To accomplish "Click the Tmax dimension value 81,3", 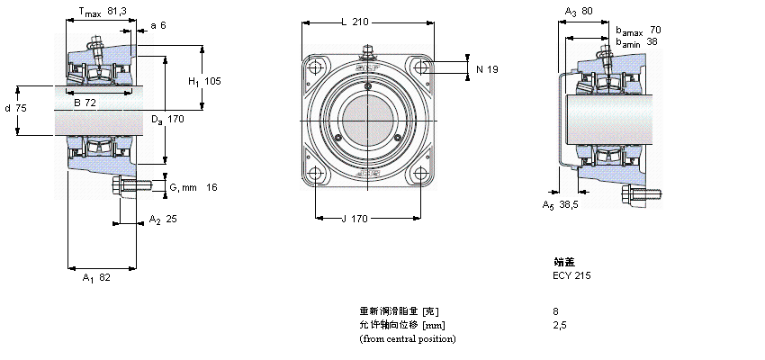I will pyautogui.click(x=117, y=12).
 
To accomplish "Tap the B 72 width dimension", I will pyautogui.click(x=85, y=103).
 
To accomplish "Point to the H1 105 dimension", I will pyautogui.click(x=204, y=81).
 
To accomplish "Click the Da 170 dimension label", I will pyautogui.click(x=167, y=119).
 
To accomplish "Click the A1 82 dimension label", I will pyautogui.click(x=96, y=278).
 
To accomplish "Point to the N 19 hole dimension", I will pyautogui.click(x=487, y=68).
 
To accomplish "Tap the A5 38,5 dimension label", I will pyautogui.click(x=562, y=204).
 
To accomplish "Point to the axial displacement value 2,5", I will pyautogui.click(x=559, y=325).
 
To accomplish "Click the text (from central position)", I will pyautogui.click(x=407, y=338).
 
